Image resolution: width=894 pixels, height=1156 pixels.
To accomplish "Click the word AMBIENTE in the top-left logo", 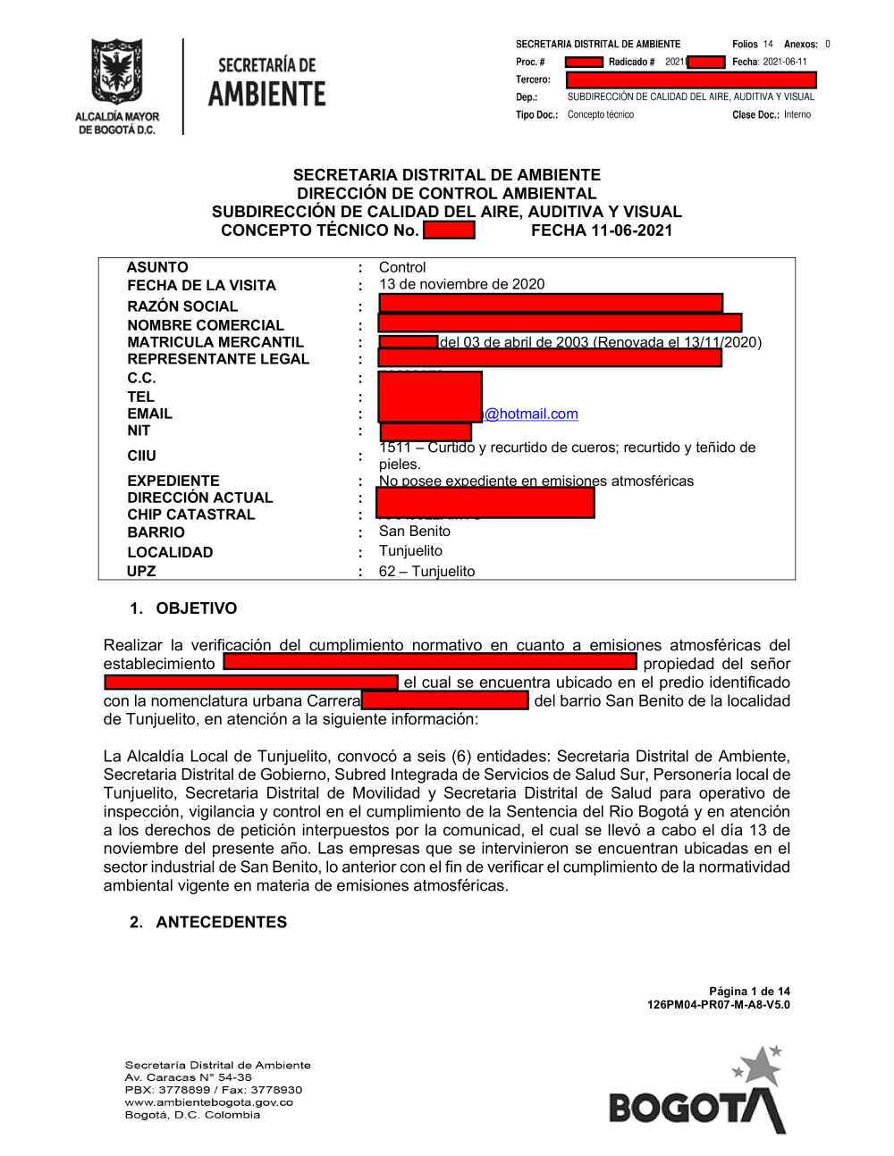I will (x=266, y=94).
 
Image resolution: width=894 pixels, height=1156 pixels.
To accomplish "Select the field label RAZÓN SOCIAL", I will (x=182, y=306).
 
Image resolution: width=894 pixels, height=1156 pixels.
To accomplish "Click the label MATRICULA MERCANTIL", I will (x=215, y=342).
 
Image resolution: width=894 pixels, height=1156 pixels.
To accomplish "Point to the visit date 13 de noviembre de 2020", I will (x=461, y=284).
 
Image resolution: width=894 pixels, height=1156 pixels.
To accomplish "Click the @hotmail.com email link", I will (x=531, y=414).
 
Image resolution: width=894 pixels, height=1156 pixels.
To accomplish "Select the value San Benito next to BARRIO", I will (x=415, y=531).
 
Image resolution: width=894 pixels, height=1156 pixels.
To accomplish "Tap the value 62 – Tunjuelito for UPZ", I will (x=426, y=571).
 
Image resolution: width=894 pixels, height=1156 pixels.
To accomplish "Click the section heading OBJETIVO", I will (x=196, y=608).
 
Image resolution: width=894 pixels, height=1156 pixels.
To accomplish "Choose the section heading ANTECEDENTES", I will (x=221, y=922).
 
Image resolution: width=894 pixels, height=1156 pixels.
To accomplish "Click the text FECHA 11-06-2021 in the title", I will (x=602, y=230).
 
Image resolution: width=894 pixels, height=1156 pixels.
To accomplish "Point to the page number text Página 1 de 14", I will (x=749, y=991).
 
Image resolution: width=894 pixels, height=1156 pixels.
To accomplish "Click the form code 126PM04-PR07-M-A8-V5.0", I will (x=718, y=1004).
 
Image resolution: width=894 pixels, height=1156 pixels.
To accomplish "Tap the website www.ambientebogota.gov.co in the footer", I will (x=208, y=1102).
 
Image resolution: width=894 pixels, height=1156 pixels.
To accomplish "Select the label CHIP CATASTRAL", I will (x=190, y=515).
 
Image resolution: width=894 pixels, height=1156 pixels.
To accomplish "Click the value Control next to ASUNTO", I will (x=402, y=267).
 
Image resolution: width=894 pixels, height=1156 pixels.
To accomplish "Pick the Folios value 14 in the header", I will (x=768, y=44).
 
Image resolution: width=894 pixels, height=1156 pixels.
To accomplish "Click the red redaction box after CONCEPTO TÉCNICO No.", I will (x=449, y=230).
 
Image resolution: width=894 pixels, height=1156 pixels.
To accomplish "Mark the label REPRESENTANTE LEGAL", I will (x=218, y=359).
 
